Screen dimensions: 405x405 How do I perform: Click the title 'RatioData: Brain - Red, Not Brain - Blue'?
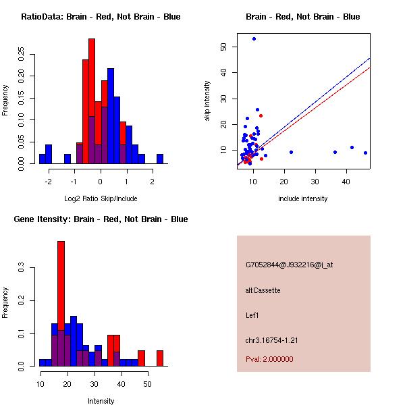[101, 17]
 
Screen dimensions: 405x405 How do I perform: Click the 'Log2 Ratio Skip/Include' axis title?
[101, 198]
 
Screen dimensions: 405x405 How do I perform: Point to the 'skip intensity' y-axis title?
[208, 101]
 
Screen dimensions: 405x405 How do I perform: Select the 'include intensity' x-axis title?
[303, 198]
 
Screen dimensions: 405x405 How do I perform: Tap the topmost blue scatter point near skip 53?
[254, 38]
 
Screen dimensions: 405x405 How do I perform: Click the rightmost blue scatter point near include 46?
[365, 153]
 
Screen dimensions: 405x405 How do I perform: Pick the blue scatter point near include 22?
[291, 153]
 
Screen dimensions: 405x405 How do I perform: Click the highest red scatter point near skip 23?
[261, 115]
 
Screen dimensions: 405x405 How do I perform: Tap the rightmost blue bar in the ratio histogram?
[160, 159]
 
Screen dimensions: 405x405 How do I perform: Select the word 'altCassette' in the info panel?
[263, 290]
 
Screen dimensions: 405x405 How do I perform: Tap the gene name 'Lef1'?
[252, 315]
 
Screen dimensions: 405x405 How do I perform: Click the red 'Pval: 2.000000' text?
[269, 359]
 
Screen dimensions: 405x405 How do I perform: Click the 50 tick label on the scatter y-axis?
[223, 47]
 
